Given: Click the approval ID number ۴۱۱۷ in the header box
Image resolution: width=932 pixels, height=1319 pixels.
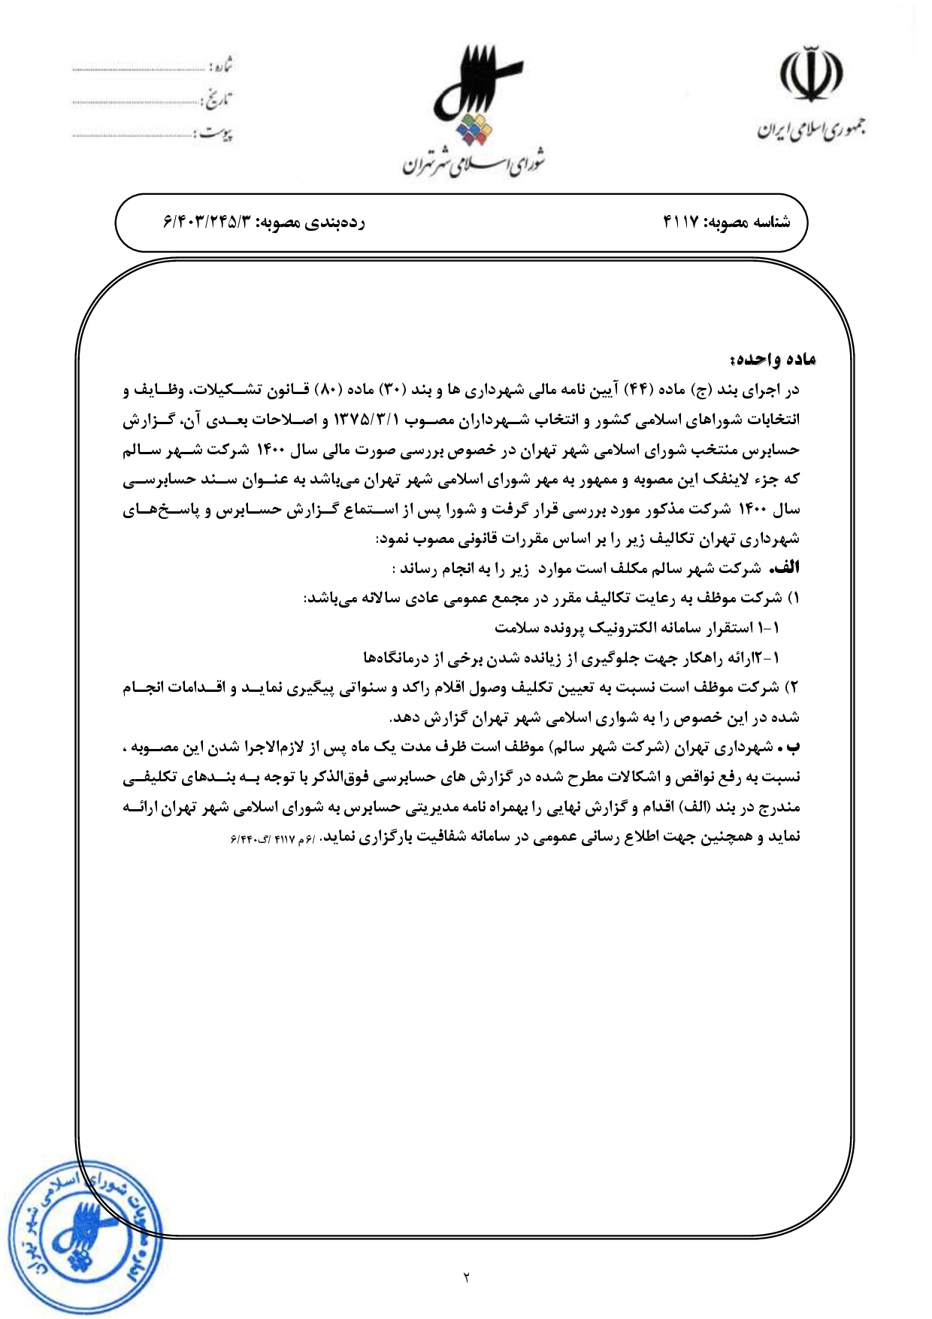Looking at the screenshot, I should point(680,223).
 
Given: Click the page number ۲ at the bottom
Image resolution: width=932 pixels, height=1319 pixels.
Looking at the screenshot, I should point(466,1277).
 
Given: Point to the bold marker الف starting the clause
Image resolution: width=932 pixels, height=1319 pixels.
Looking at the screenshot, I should point(786,569).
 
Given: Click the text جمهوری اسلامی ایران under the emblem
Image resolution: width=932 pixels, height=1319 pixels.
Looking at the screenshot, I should point(809,130).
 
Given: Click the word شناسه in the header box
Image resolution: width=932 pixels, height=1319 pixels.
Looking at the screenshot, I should point(770,223).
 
